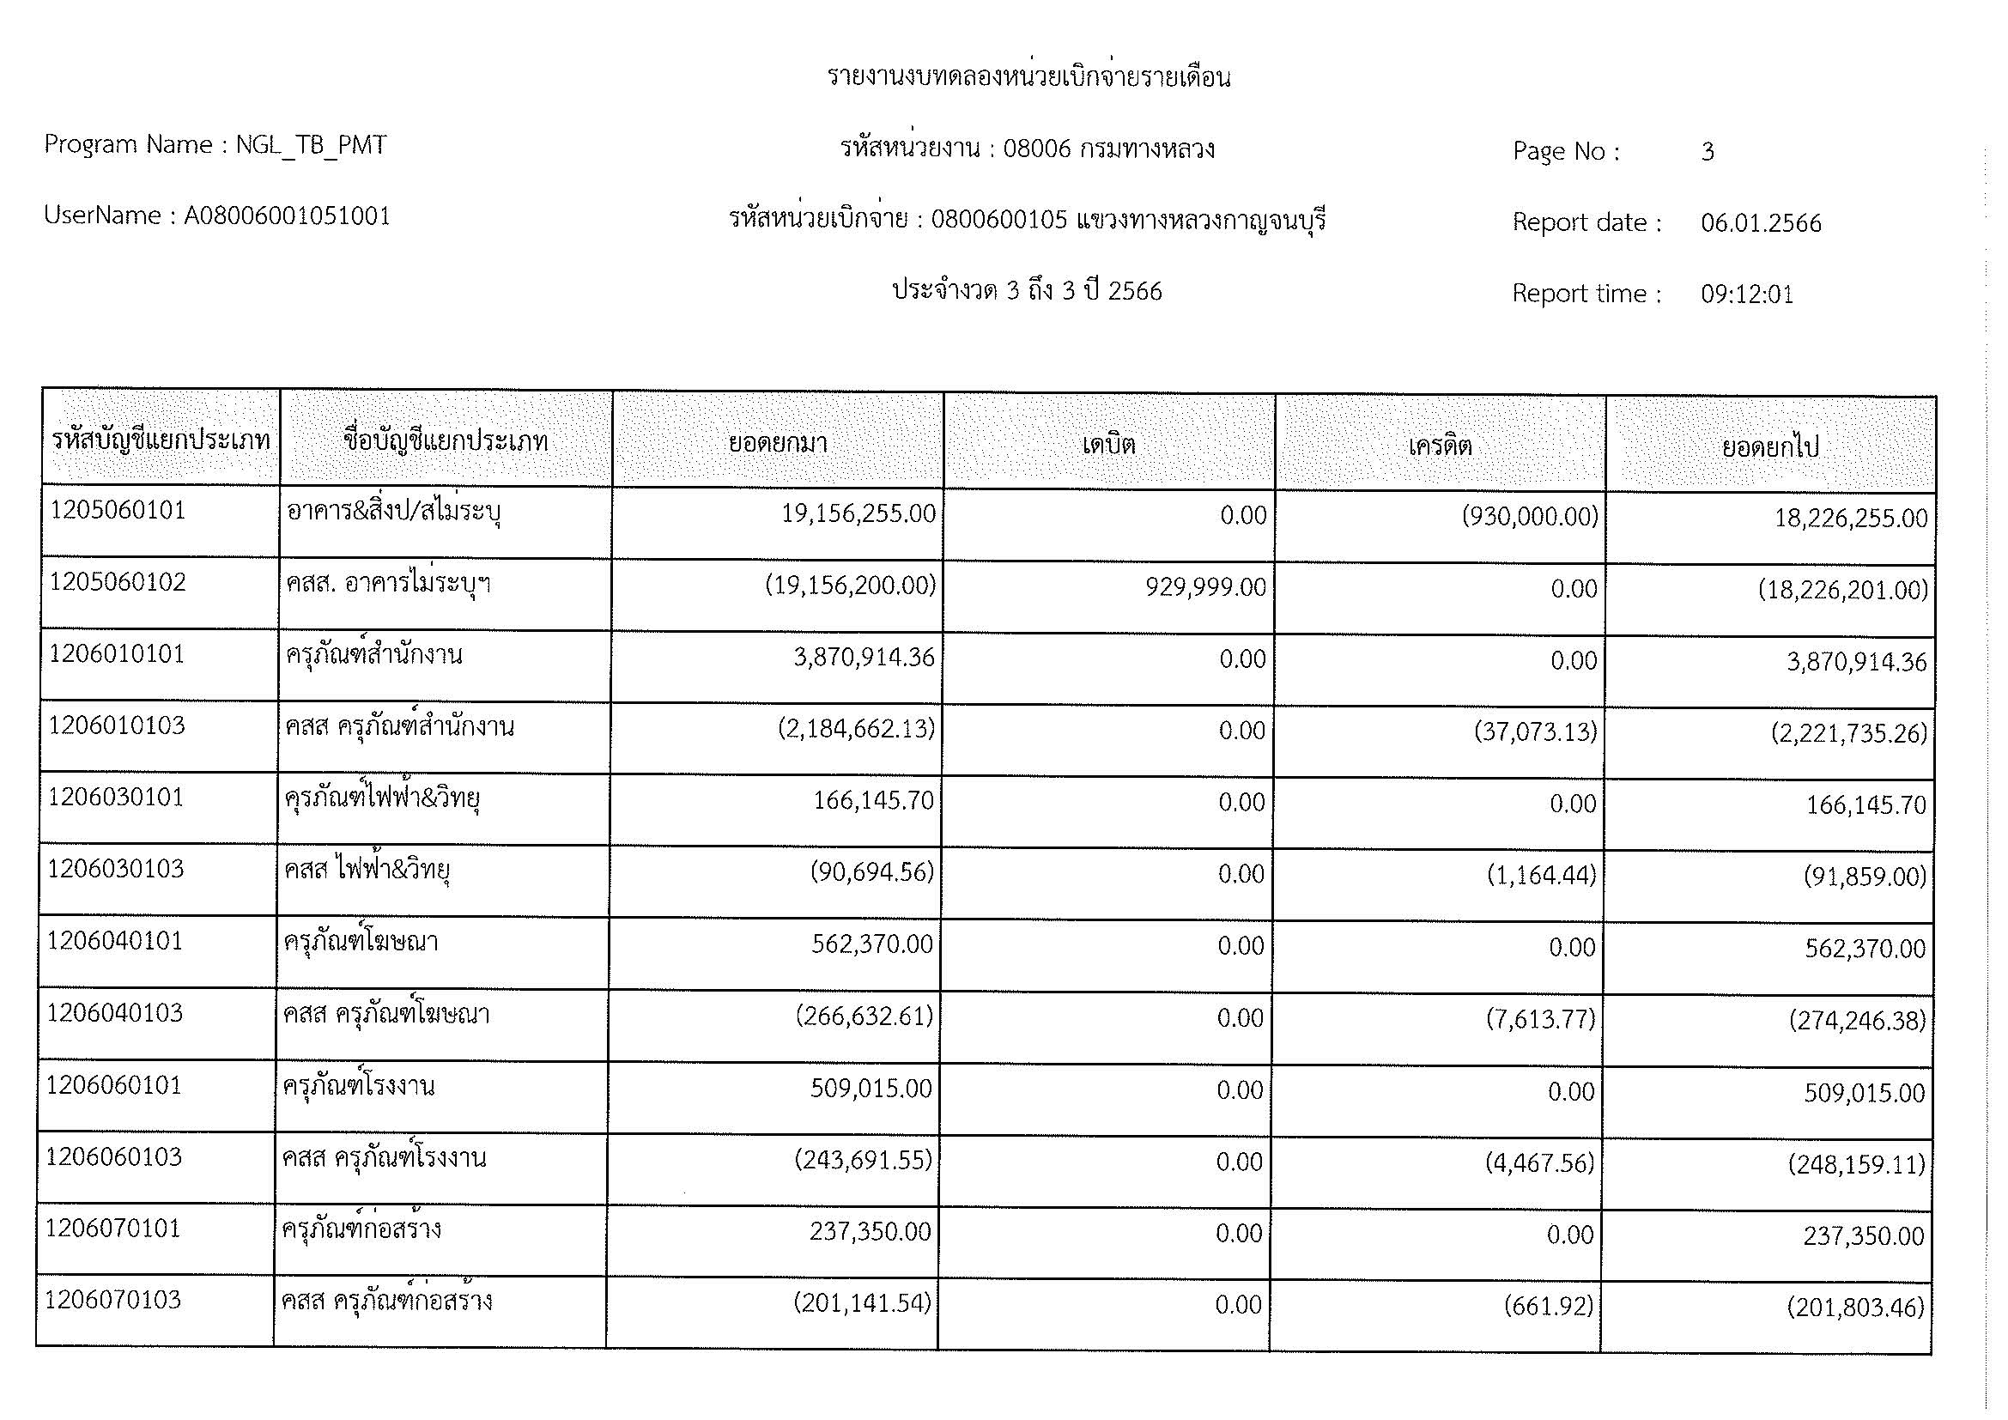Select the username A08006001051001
tap(287, 216)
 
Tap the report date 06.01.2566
tap(1761, 224)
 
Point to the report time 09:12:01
tap(1746, 294)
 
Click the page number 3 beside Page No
tap(1708, 152)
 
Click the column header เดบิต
tap(1109, 444)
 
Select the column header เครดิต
tap(1440, 446)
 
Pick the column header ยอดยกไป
tap(1770, 447)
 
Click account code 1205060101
tap(118, 511)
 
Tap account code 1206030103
tap(115, 869)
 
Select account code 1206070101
tap(112, 1229)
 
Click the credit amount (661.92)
tap(1548, 1307)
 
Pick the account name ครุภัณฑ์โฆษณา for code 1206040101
tap(361, 942)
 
